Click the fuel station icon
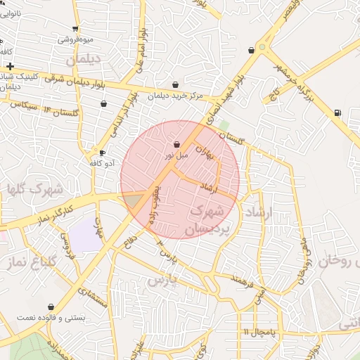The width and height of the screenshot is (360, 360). [x=338, y=112]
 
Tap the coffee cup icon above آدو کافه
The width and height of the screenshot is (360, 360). [x=102, y=153]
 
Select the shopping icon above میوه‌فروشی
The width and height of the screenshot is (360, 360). [x=75, y=29]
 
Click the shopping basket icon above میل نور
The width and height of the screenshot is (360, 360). [x=176, y=144]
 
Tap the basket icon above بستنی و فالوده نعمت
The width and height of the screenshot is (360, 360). [x=51, y=307]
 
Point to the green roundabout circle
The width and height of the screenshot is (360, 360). [x=262, y=47]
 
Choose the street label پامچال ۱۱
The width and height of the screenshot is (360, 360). [x=259, y=331]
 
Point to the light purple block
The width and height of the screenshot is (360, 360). [x=85, y=235]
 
